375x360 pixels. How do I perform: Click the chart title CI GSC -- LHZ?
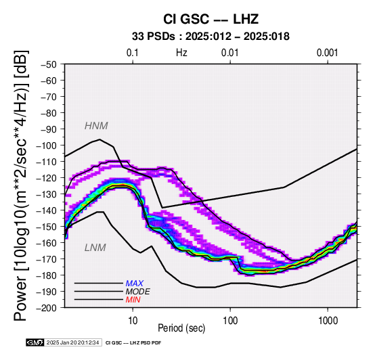point(211,19)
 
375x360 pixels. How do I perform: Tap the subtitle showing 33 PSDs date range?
point(211,37)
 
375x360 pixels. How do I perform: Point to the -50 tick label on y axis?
point(49,65)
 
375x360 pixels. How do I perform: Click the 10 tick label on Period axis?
point(133,321)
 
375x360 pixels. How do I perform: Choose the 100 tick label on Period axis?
point(230,321)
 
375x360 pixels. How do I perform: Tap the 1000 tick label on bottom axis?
point(328,321)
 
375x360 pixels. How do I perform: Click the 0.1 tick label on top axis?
point(133,53)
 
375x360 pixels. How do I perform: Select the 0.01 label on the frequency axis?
point(230,53)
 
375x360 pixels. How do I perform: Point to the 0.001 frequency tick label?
point(327,53)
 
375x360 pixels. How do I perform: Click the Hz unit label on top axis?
point(181,53)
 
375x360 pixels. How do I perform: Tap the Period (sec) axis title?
point(181,328)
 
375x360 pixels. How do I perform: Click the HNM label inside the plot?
point(96,126)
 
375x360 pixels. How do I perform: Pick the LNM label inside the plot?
point(95,248)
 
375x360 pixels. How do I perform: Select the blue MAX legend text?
point(135,284)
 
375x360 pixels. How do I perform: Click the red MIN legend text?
point(133,300)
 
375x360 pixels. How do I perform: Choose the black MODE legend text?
point(138,292)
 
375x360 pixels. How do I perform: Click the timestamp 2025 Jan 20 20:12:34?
point(72,342)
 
